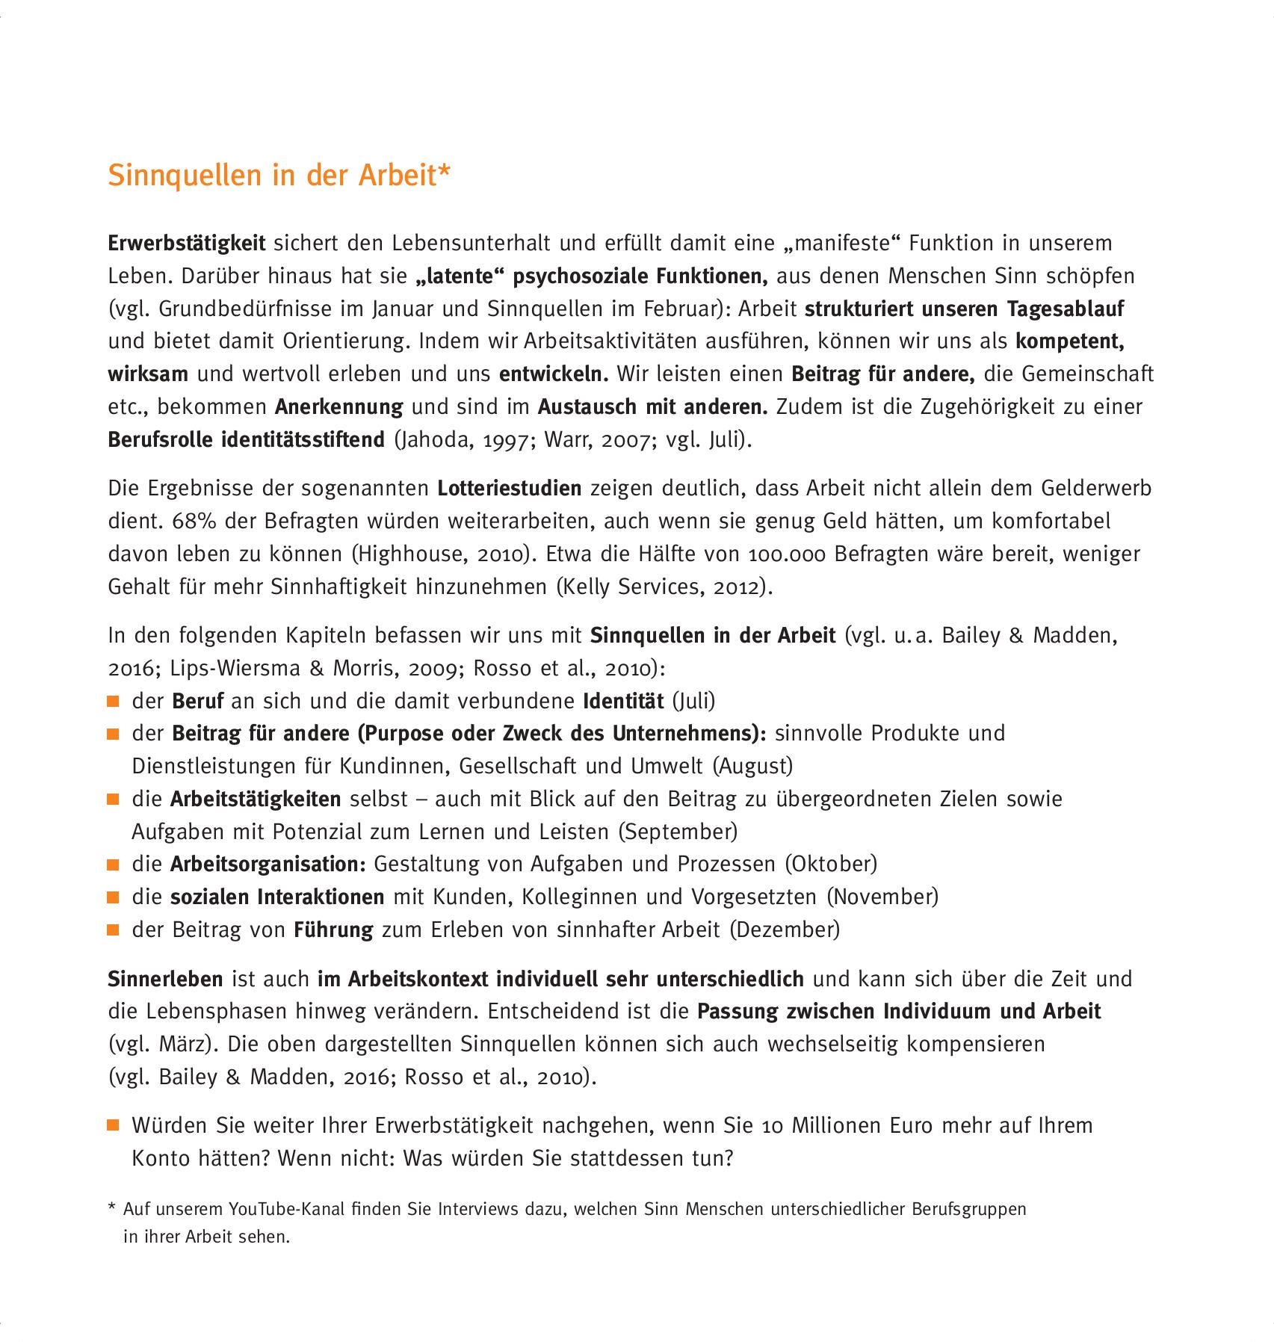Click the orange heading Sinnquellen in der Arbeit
279,175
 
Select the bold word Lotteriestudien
509,489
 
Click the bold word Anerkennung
338,407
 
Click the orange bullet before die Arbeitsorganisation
114,865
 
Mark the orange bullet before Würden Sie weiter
114,1126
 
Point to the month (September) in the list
678,832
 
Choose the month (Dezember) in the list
785,930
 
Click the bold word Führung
333,930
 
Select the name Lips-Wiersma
235,668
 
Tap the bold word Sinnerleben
165,979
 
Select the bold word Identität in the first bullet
623,702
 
